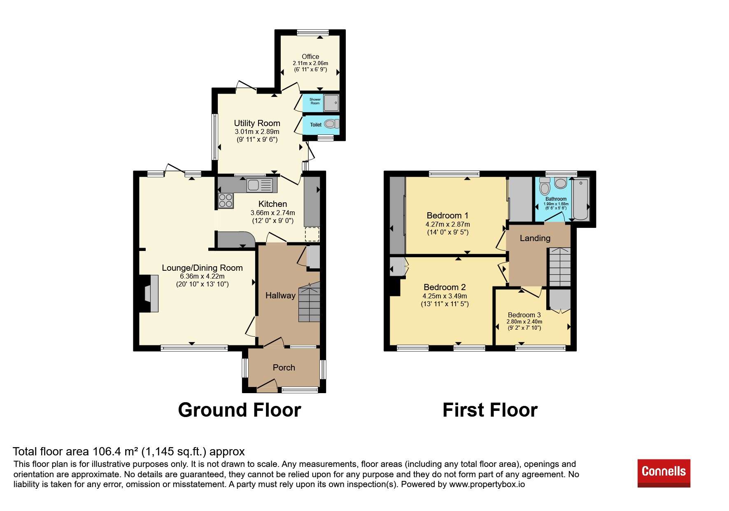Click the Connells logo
(664, 473)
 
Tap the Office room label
(310, 56)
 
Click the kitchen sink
(259, 185)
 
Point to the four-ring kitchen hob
(226, 201)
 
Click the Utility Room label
(257, 123)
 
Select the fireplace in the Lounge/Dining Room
(149, 293)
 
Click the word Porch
(284, 368)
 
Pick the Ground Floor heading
(240, 410)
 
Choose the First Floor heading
(490, 410)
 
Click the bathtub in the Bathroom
(581, 199)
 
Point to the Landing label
(535, 238)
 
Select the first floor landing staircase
(560, 267)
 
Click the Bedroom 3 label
(524, 315)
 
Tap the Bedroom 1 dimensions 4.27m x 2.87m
(448, 225)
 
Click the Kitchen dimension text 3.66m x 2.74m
(273, 213)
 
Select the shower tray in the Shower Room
(331, 103)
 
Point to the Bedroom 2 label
(445, 287)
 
